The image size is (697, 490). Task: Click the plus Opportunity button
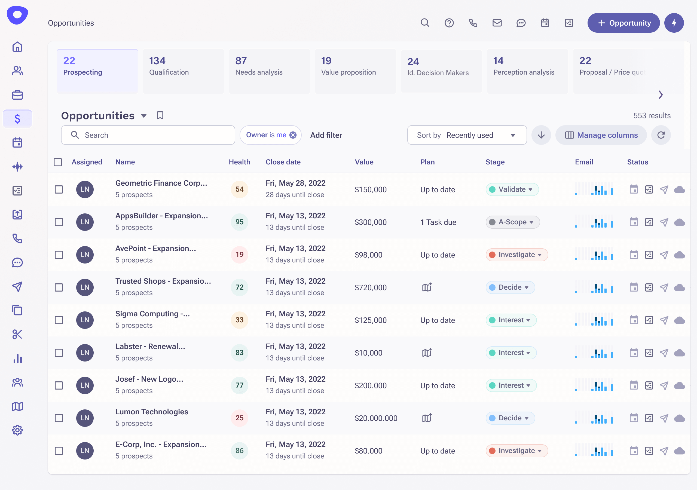(x=623, y=23)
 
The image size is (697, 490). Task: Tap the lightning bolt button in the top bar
(x=674, y=23)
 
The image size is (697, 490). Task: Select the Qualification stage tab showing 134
(x=183, y=71)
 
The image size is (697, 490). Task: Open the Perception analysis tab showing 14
(x=527, y=71)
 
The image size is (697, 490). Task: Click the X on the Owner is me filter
(x=293, y=135)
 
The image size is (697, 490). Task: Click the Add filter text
(x=326, y=135)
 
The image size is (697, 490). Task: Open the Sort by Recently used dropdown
(x=467, y=135)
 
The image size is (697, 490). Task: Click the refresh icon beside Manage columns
(x=661, y=135)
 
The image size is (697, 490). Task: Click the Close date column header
(x=283, y=162)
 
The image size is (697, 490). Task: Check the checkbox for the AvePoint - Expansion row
(x=59, y=255)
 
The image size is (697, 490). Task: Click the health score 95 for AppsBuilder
(x=239, y=222)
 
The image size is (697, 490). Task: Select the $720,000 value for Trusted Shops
(x=370, y=287)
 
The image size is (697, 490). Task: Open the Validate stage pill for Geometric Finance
(x=512, y=189)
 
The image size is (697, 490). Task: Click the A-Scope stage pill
(x=512, y=222)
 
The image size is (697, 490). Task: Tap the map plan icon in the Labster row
(x=427, y=353)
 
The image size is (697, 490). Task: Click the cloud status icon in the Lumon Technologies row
(x=679, y=418)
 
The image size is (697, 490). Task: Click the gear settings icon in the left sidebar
(x=17, y=430)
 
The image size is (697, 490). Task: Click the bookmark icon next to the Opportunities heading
(x=160, y=115)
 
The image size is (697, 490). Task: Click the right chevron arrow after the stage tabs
(x=661, y=95)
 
